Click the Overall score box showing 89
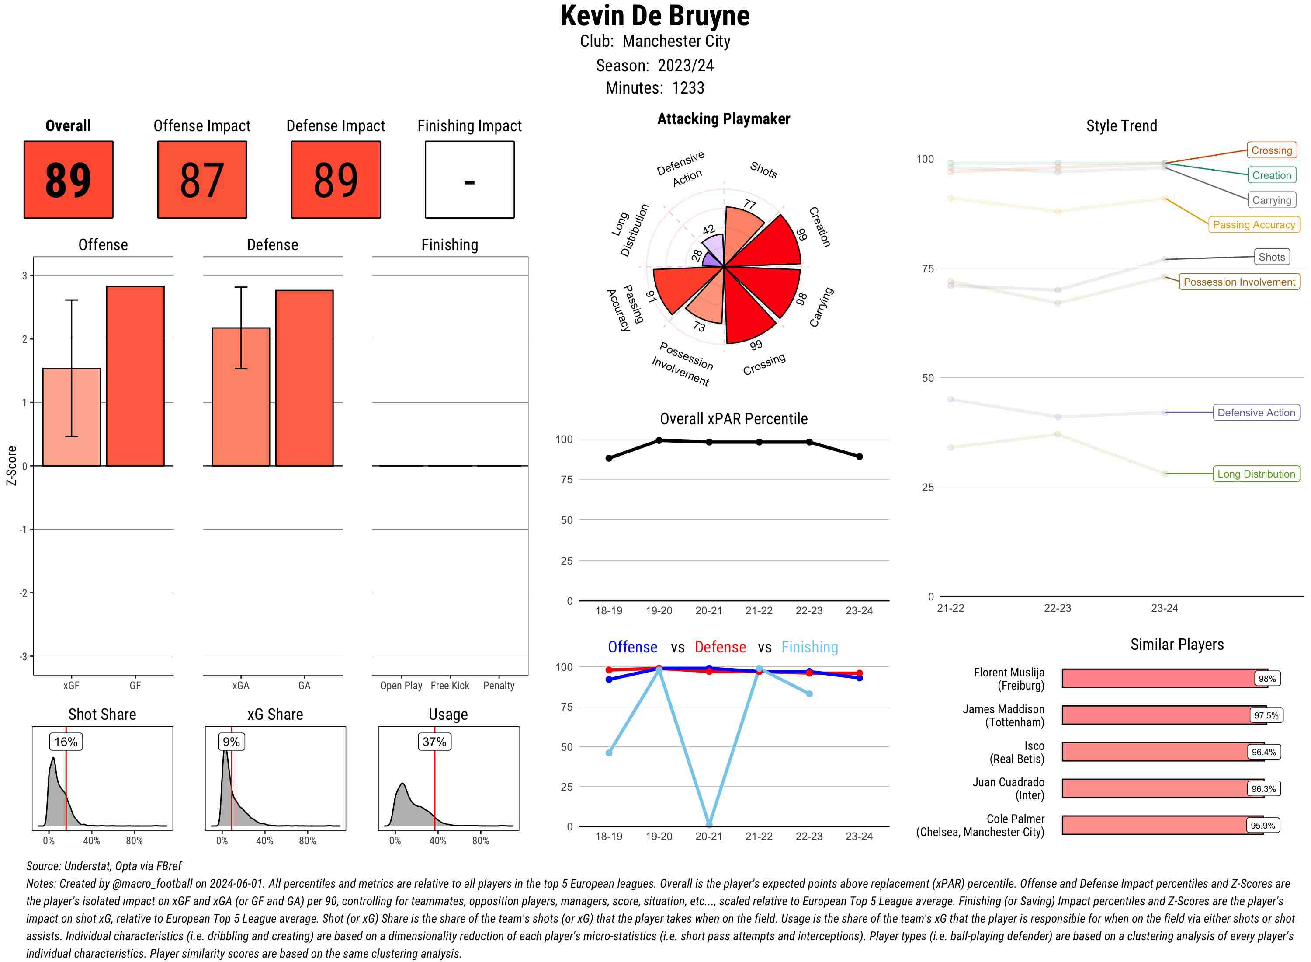click(x=68, y=179)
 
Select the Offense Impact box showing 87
click(x=202, y=179)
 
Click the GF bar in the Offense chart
click(x=135, y=376)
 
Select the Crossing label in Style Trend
click(x=1271, y=150)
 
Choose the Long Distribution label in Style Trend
click(x=1256, y=474)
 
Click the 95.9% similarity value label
click(x=1262, y=826)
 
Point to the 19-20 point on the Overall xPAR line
click(x=659, y=440)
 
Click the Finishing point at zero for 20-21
click(x=709, y=825)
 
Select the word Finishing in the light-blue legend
click(x=809, y=647)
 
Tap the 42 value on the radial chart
click(x=708, y=230)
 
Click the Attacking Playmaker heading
click(x=723, y=119)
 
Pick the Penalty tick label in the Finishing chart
click(x=499, y=685)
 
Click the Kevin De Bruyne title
click(x=655, y=16)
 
